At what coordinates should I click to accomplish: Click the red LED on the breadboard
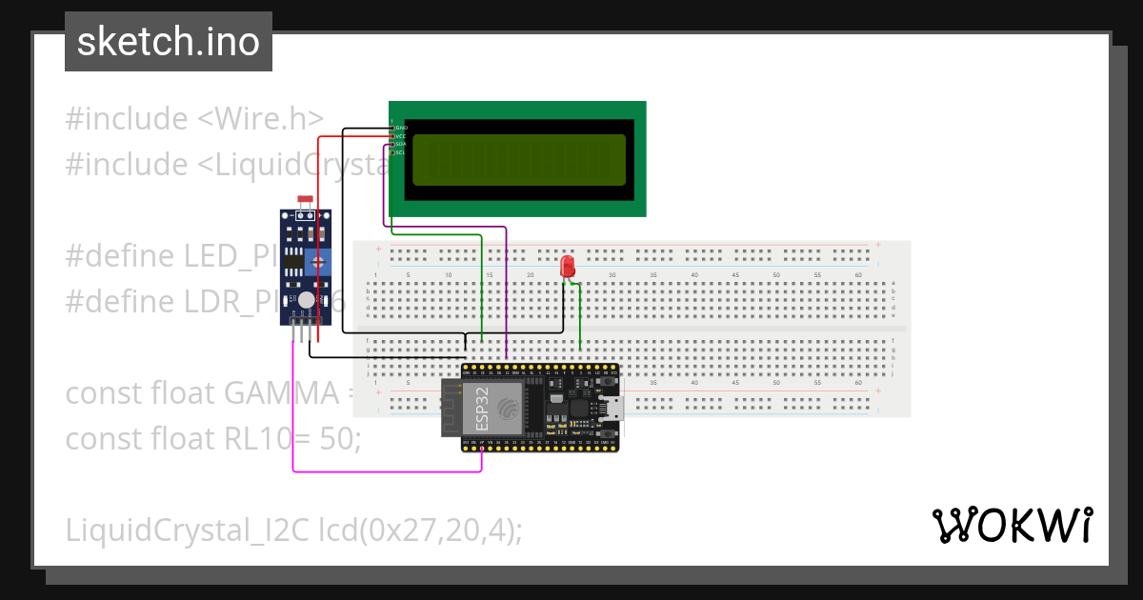(x=568, y=266)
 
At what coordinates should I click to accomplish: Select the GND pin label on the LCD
(x=401, y=128)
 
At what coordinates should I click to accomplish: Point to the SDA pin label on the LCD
(x=401, y=144)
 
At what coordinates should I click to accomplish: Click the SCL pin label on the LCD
(x=401, y=152)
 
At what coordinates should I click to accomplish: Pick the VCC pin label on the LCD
(x=401, y=136)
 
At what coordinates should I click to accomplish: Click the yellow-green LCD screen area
(x=519, y=160)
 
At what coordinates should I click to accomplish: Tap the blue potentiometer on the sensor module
(x=320, y=262)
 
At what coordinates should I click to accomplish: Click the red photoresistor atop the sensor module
(x=306, y=200)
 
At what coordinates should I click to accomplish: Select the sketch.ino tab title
(x=169, y=42)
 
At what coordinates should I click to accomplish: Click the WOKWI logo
(x=1012, y=525)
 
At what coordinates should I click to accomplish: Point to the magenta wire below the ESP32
(x=381, y=470)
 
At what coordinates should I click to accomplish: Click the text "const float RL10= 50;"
(x=212, y=439)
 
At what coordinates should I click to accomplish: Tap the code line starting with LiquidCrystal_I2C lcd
(x=293, y=530)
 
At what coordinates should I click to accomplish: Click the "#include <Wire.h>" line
(x=195, y=119)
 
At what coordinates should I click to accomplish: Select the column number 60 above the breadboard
(x=858, y=275)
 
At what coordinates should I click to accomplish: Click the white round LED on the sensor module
(x=306, y=301)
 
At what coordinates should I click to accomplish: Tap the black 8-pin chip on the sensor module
(x=294, y=259)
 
